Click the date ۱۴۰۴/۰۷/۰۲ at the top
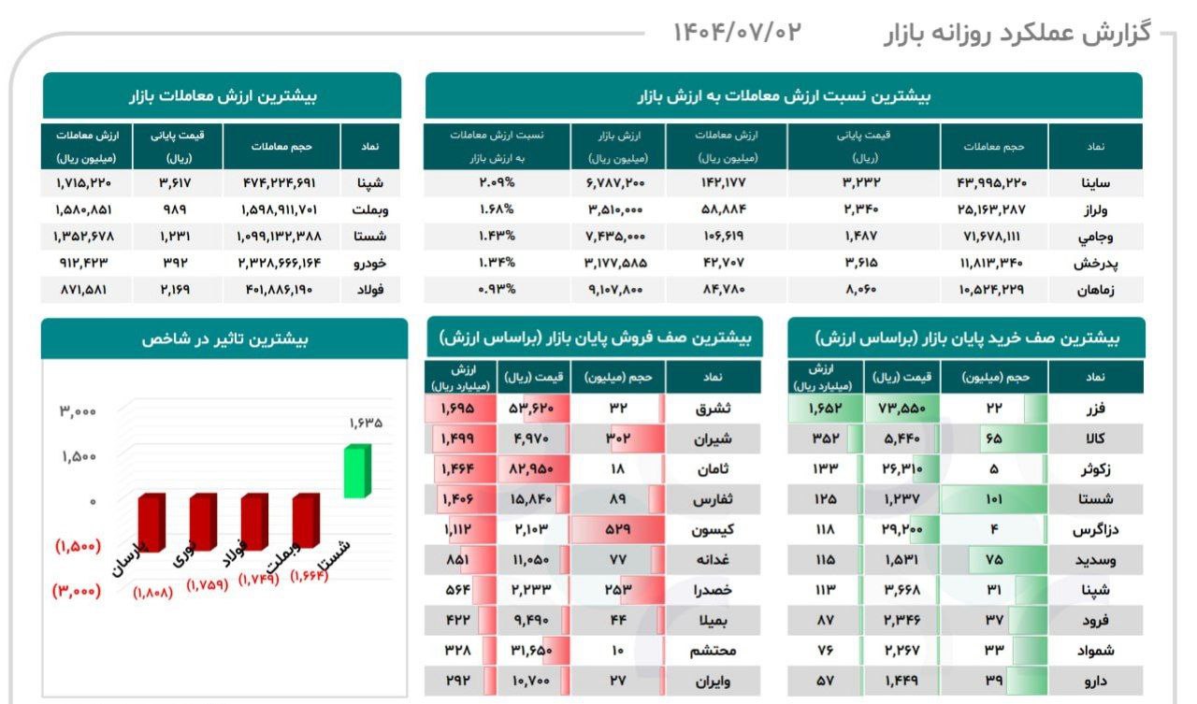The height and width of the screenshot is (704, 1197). (737, 32)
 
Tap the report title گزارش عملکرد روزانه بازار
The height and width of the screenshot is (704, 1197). (1017, 34)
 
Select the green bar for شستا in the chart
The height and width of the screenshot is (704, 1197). (356, 471)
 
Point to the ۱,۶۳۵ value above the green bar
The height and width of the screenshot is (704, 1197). (366, 423)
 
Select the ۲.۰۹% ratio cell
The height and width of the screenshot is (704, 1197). (497, 182)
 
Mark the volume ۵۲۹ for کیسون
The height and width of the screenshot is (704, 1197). (617, 529)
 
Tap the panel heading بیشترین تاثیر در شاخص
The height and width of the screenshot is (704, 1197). (224, 338)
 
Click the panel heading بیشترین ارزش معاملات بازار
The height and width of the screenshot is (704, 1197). (222, 95)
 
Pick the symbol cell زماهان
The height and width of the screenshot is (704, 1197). (1093, 290)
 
